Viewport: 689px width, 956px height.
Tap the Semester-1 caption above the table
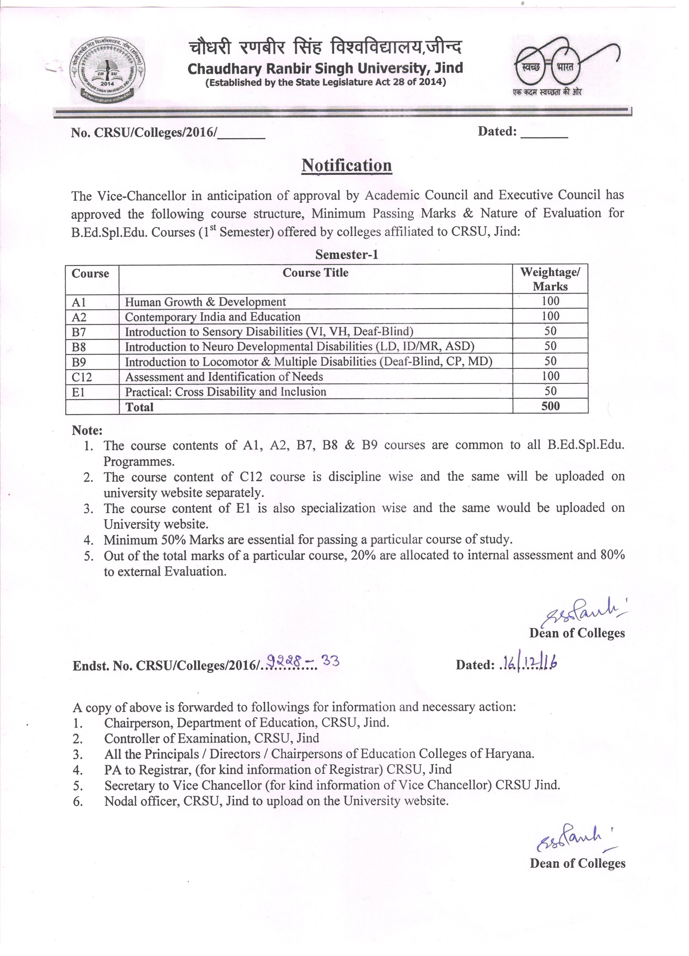tap(346, 255)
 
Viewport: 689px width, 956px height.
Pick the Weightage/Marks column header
tap(550, 279)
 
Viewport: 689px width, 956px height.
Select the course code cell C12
tap(82, 377)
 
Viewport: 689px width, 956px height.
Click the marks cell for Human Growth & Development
tap(550, 301)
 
